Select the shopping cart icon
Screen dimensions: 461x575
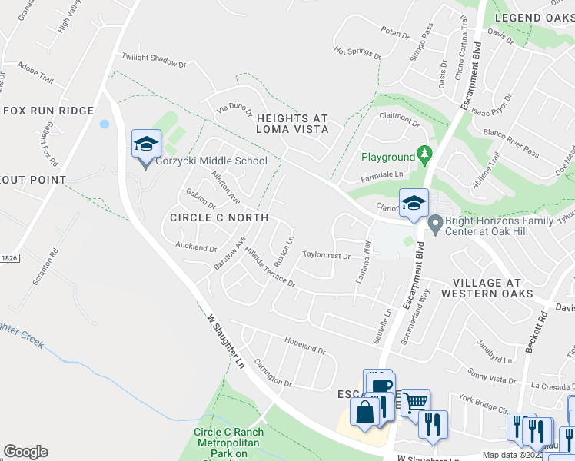click(x=414, y=402)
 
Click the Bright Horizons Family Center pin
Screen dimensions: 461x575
click(x=435, y=225)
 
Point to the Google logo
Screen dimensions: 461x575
click(x=25, y=452)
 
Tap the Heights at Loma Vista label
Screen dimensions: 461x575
click(x=292, y=124)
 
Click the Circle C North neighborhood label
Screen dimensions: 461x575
click(x=219, y=217)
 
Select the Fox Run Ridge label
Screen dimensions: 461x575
click(x=48, y=111)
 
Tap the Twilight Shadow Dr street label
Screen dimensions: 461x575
click(x=155, y=61)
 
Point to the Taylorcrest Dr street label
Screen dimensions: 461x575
click(x=326, y=254)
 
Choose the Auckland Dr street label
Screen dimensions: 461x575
click(x=196, y=247)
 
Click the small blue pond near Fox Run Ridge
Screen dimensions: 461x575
click(x=104, y=124)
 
